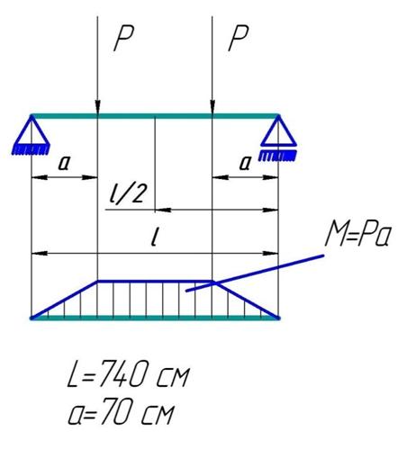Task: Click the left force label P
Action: pyautogui.click(x=123, y=39)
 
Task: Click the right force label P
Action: pyautogui.click(x=239, y=39)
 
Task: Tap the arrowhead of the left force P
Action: pyautogui.click(x=97, y=107)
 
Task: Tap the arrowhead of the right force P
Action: pyautogui.click(x=213, y=107)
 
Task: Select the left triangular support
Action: pyautogui.click(x=32, y=131)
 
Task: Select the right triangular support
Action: pyautogui.click(x=278, y=131)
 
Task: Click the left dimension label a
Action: pyautogui.click(x=65, y=163)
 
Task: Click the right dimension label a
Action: pyautogui.click(x=245, y=163)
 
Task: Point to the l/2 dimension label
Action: pyautogui.click(x=128, y=193)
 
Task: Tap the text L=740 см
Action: pyautogui.click(x=129, y=373)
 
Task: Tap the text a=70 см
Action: pyautogui.click(x=121, y=411)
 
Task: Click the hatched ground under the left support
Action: pyautogui.click(x=31, y=149)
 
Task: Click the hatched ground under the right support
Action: pyautogui.click(x=277, y=156)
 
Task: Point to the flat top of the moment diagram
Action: pyautogui.click(x=155, y=282)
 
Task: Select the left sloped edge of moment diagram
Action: pyautogui.click(x=64, y=300)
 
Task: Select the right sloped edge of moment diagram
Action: pyautogui.click(x=246, y=300)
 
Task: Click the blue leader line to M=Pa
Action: pyautogui.click(x=255, y=273)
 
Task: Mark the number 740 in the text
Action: pyautogui.click(x=122, y=373)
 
